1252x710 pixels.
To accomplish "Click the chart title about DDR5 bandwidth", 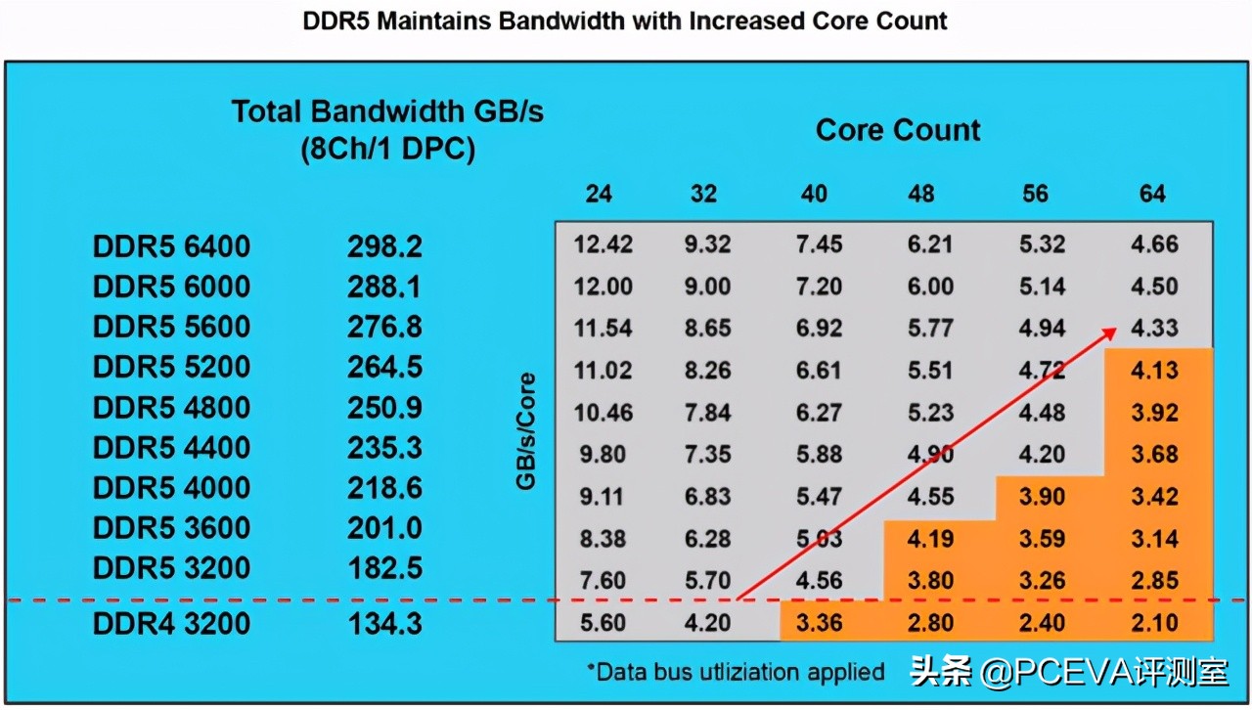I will coord(626,21).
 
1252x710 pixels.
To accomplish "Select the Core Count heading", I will coord(898,130).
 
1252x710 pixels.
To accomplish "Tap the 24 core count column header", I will coord(599,194).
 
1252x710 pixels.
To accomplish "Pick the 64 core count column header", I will coord(1152,194).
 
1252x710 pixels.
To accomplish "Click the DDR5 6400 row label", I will coord(171,246).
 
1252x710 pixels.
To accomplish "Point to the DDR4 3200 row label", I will coord(171,624).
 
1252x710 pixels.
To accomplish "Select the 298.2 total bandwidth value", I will coord(384,246).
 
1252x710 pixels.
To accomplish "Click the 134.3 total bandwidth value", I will coord(384,624).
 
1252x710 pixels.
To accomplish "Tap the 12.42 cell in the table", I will coord(603,244).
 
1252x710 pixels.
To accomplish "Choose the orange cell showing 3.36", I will coord(819,622).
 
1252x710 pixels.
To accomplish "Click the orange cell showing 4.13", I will coord(1154,371).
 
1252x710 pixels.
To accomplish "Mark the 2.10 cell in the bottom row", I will coord(1154,622).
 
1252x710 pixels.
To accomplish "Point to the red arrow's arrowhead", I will coord(1110,333).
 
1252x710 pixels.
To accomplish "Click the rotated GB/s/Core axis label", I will coord(527,430).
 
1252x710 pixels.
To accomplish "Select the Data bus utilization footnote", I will coord(735,672).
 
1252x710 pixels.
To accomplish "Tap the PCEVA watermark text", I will coord(1069,672).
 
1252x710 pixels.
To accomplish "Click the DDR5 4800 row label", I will coord(171,407).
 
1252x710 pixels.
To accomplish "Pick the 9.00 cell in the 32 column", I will coord(706,287).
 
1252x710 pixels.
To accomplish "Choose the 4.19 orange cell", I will coord(929,539).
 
